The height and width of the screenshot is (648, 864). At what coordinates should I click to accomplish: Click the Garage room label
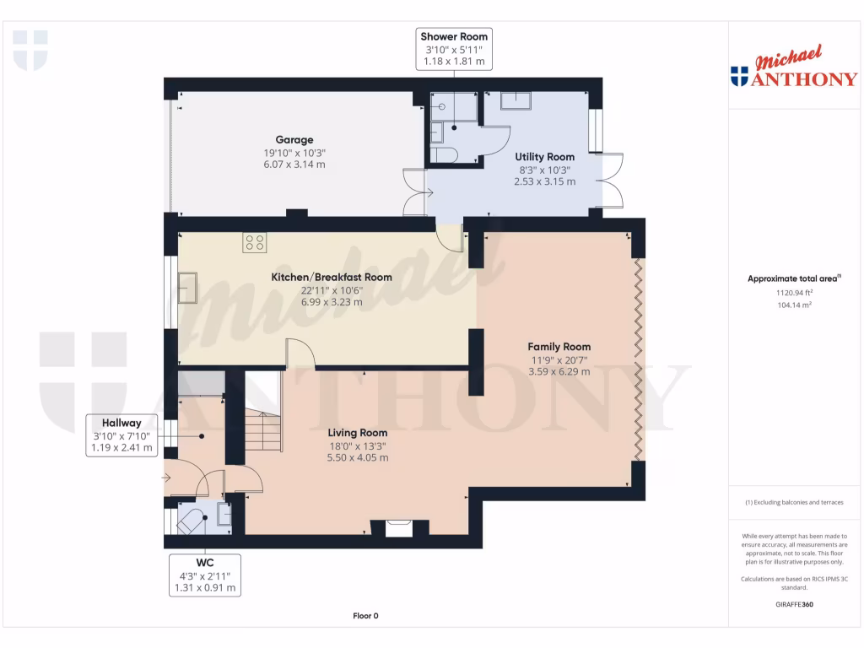[x=294, y=140]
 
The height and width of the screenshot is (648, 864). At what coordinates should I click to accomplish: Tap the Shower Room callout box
[x=453, y=49]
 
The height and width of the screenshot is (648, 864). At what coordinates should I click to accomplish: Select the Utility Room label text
[x=544, y=157]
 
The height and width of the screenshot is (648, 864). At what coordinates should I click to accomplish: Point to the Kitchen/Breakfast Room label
[x=331, y=277]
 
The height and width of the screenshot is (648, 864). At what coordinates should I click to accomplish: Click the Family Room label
[x=559, y=347]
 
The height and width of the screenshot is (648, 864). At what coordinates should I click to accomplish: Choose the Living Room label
[x=357, y=433]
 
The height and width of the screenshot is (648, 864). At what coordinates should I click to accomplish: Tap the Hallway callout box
[x=121, y=435]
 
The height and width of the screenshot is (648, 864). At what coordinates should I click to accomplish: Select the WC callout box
[x=204, y=575]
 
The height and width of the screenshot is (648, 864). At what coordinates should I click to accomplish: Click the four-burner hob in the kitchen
[x=255, y=242]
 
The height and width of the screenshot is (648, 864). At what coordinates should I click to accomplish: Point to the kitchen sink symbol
[x=187, y=288]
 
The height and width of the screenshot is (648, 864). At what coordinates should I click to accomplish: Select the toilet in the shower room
[x=444, y=155]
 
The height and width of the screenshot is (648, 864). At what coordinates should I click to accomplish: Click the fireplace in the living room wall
[x=398, y=528]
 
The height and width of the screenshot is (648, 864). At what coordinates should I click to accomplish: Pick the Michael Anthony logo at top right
[x=794, y=66]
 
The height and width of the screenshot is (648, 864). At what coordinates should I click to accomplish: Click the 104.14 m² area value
[x=794, y=305]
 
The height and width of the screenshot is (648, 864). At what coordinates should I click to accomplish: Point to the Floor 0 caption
[x=365, y=615]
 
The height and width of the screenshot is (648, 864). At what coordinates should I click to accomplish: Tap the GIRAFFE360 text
[x=794, y=604]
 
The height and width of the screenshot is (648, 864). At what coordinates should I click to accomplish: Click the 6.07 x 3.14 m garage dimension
[x=294, y=165]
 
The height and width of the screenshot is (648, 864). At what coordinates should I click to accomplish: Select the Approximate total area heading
[x=794, y=278]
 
